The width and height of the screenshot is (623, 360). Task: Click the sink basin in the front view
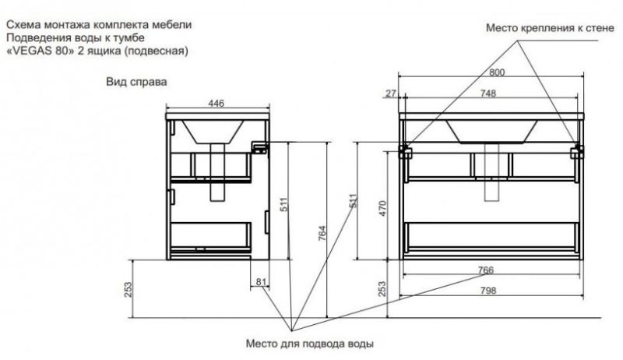pos(491,130)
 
